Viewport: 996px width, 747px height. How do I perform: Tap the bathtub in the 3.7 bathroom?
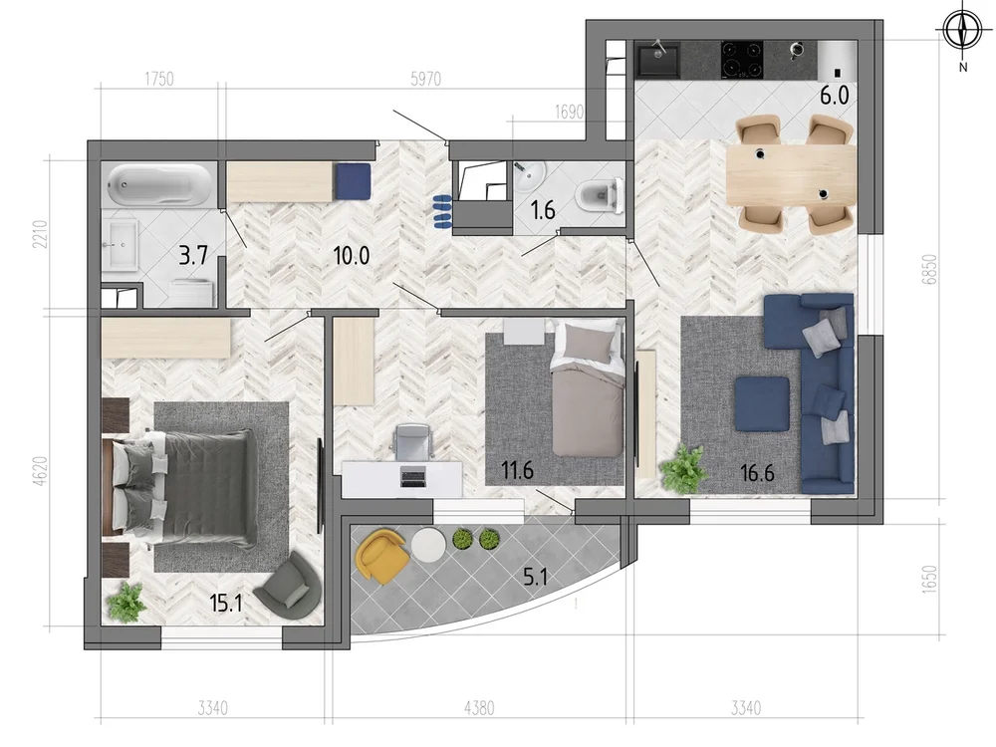(x=158, y=184)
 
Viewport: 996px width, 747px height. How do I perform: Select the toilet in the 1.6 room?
(x=600, y=194)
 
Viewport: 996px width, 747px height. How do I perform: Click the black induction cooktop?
(x=742, y=59)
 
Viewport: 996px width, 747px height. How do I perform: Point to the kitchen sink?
(x=658, y=59)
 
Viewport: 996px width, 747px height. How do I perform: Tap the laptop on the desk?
(x=413, y=476)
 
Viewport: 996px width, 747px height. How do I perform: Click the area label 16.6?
(x=757, y=473)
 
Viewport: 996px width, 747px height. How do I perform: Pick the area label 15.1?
(x=226, y=603)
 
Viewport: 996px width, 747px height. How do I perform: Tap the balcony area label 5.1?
(x=535, y=577)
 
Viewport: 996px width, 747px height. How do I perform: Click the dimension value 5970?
(x=425, y=80)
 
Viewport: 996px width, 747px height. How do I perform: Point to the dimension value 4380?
(x=480, y=707)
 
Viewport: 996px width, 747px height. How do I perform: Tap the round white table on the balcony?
(x=428, y=545)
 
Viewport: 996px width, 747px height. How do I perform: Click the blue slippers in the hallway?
(x=441, y=212)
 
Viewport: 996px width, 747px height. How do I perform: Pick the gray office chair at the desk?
(x=413, y=441)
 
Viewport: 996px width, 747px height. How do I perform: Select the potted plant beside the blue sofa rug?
(x=685, y=469)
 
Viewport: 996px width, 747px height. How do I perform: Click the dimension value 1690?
(x=569, y=113)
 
